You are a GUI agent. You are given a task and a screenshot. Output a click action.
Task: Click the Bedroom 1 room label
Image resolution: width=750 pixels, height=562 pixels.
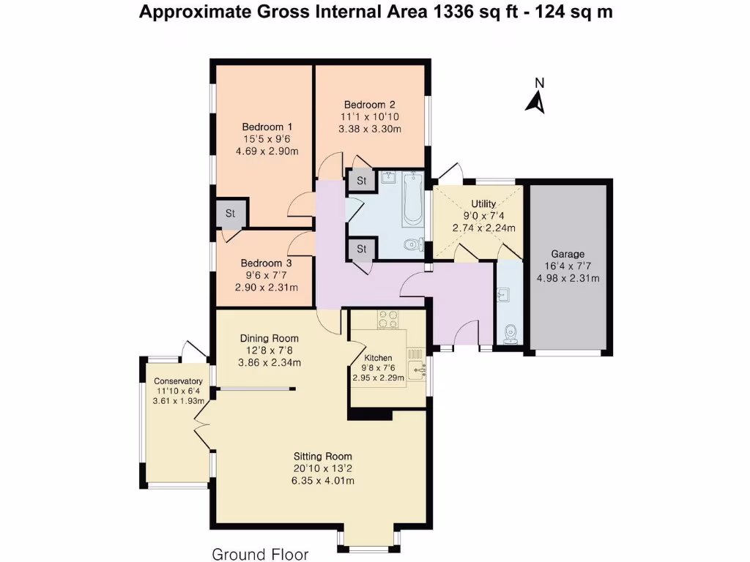click(x=267, y=127)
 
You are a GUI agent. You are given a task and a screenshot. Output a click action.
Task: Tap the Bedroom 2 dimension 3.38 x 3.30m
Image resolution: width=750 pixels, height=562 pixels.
click(x=369, y=129)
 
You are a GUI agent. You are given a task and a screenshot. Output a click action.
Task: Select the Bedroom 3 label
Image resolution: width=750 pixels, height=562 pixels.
click(x=266, y=263)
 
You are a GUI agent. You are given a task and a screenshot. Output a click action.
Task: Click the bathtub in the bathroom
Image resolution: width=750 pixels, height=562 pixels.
click(x=412, y=199)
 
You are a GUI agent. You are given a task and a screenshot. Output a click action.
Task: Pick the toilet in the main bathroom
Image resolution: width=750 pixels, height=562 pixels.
click(x=413, y=245)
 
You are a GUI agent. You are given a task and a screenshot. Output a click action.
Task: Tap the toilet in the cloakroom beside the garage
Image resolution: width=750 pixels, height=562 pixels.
click(x=510, y=334)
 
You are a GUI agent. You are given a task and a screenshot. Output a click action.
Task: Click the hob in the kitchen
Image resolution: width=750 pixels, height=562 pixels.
click(x=388, y=319)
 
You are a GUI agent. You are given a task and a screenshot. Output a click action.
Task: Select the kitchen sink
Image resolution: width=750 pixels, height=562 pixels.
click(x=417, y=369)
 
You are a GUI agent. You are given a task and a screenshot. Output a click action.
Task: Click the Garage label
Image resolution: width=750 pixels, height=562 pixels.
click(x=568, y=254)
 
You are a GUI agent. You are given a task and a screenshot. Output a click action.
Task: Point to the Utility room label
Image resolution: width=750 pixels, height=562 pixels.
click(x=483, y=203)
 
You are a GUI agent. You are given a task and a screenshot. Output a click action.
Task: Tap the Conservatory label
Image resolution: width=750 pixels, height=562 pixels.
click(x=178, y=381)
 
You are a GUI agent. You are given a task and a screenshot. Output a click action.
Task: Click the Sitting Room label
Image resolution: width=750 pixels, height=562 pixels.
click(x=323, y=457)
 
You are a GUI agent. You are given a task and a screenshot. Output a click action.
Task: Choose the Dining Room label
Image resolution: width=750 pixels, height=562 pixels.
click(x=270, y=338)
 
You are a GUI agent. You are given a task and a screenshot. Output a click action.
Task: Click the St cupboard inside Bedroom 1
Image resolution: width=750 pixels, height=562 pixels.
click(x=231, y=213)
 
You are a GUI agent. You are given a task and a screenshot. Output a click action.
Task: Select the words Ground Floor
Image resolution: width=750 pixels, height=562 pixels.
click(x=260, y=555)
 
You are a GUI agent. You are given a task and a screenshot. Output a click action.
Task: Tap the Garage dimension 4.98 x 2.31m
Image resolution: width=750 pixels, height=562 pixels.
click(x=568, y=279)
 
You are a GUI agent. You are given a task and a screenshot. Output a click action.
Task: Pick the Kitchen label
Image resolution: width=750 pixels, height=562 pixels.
click(x=378, y=358)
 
